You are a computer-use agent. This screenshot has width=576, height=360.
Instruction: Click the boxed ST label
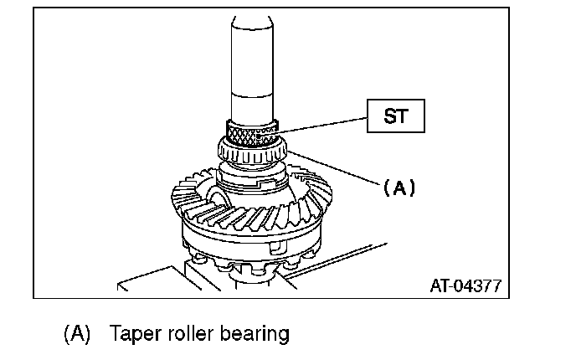(x=395, y=116)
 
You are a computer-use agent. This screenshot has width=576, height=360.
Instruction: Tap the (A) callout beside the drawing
(x=399, y=188)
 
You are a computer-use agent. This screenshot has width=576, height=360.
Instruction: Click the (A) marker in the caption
(x=76, y=334)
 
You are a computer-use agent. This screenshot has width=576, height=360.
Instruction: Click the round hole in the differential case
(x=219, y=199)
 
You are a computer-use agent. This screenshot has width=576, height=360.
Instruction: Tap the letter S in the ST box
(x=388, y=116)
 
